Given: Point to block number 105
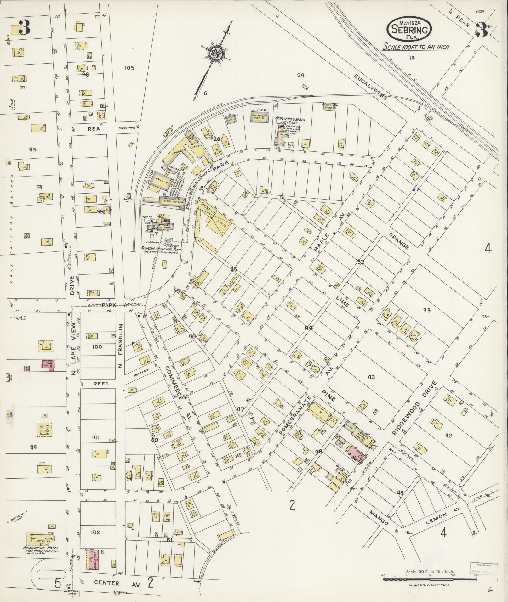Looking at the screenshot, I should click(129, 68).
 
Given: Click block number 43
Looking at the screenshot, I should click(371, 377).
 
